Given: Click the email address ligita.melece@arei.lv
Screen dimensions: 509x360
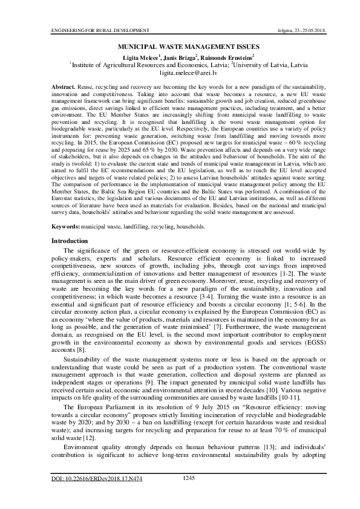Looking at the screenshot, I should click(x=179, y=71).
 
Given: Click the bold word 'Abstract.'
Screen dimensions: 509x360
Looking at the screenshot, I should click(x=64, y=88).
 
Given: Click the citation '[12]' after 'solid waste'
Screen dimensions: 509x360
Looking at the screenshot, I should click(x=88, y=438).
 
